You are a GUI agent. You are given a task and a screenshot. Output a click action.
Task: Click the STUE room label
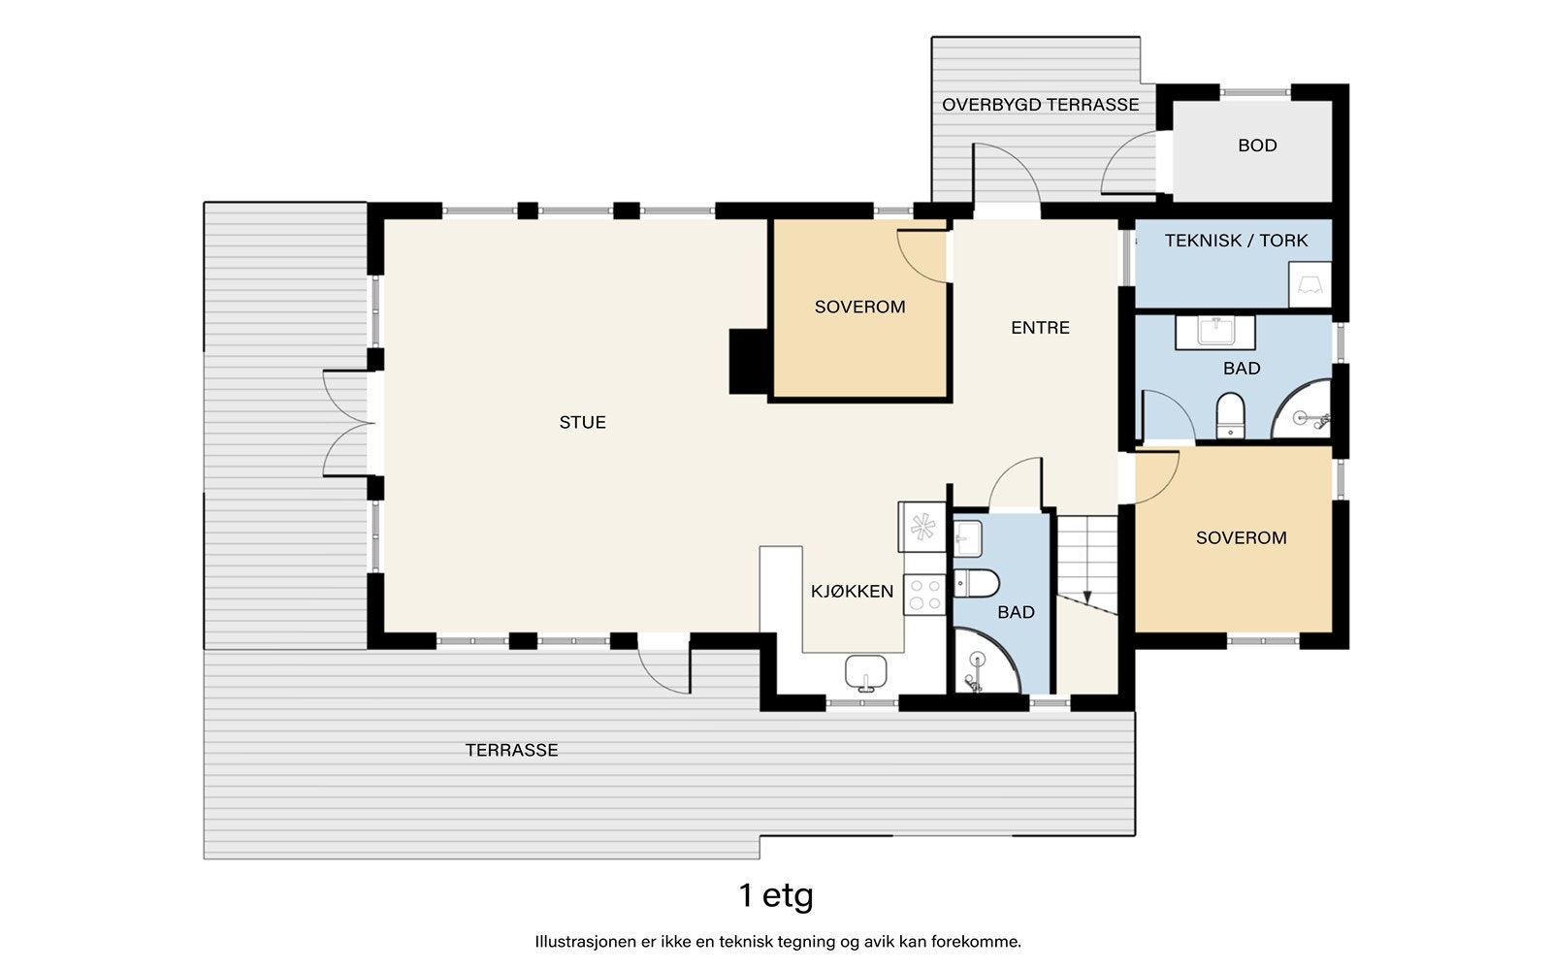[582, 422]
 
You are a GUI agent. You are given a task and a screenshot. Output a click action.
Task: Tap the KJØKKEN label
[853, 591]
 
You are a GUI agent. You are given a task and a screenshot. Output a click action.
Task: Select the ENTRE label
[1040, 327]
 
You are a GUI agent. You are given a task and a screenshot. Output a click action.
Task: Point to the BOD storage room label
[1257, 145]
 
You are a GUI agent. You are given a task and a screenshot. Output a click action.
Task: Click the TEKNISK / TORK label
[1236, 241]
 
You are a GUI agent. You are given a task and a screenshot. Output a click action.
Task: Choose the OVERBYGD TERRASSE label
[1040, 105]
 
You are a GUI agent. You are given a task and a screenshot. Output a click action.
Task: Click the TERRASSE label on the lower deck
[511, 750]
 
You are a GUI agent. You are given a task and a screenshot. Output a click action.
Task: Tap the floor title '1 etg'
[776, 895]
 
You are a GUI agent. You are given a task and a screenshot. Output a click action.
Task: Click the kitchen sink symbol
[866, 673]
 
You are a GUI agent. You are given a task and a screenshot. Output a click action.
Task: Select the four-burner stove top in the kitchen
[924, 595]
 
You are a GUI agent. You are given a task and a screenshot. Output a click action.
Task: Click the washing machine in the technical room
[1309, 284]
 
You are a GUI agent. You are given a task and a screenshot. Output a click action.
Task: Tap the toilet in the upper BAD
[1231, 416]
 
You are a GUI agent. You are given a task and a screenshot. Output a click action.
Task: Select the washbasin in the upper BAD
[1215, 332]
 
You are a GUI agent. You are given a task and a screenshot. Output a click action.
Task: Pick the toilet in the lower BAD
[976, 583]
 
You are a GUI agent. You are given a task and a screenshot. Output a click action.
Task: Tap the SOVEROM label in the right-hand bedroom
[1241, 537]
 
